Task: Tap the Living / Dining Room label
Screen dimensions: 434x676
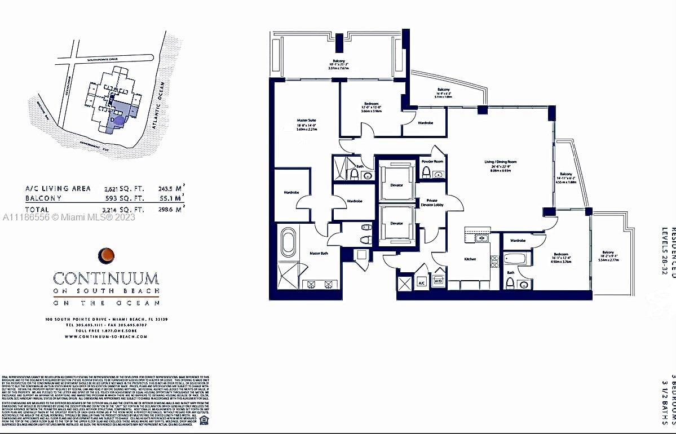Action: pos(500,162)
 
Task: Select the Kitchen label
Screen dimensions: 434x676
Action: pos(470,259)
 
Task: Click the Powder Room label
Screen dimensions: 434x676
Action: pos(432,162)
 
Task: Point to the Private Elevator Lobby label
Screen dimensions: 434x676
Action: pos(432,202)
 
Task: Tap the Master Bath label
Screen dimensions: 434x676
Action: pos(319,253)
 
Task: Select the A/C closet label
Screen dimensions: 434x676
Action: pos(421,282)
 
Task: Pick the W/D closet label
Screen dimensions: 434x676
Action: pos(438,280)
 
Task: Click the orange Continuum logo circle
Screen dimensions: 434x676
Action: pos(105,255)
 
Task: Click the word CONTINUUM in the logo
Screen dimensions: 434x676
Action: pos(106,278)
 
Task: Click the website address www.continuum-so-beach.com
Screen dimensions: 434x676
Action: pos(106,336)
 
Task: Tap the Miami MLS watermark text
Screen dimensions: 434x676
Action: pos(68,217)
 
